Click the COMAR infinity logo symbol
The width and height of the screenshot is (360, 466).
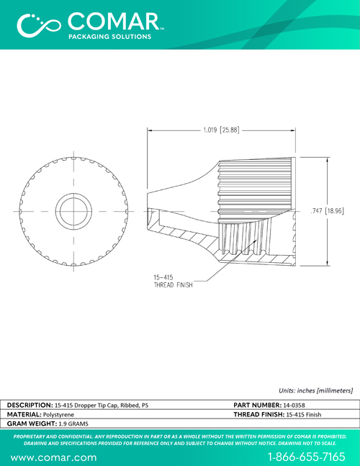(x=39, y=25)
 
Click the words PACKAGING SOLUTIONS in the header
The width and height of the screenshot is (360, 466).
(x=110, y=37)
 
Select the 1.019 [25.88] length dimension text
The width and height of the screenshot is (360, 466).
(x=221, y=130)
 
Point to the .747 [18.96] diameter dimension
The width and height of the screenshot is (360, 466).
(x=327, y=211)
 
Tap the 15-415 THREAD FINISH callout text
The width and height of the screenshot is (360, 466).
(x=174, y=281)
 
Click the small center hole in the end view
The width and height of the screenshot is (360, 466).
(x=73, y=211)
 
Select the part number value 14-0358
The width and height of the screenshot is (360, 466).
(x=294, y=405)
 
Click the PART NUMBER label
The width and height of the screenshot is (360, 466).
(x=257, y=405)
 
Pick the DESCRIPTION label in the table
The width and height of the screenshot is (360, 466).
(x=30, y=405)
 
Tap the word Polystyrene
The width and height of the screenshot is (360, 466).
(x=58, y=415)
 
